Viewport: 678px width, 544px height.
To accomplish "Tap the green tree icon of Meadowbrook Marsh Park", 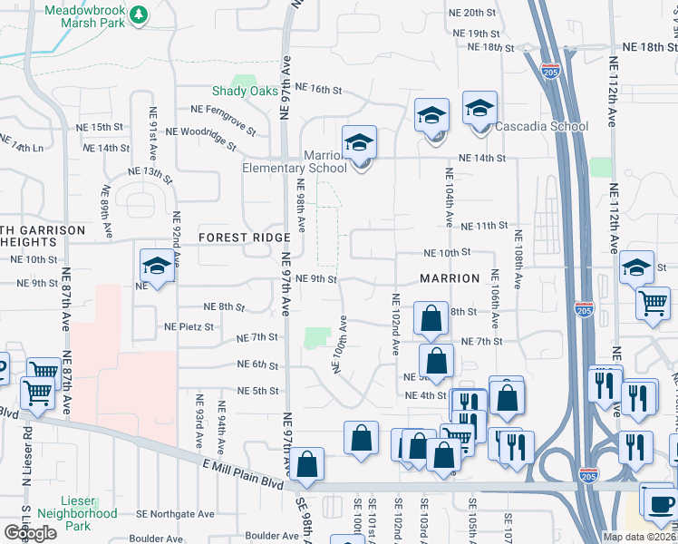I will click(x=138, y=15).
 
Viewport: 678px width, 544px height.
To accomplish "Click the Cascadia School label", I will click(x=543, y=126).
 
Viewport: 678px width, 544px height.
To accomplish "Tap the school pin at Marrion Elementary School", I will click(x=360, y=145).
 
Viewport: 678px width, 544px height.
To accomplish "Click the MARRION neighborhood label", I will click(x=450, y=278).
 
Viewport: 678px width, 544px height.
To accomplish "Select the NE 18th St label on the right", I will click(x=644, y=47).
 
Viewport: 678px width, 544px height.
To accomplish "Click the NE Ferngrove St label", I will click(x=223, y=109).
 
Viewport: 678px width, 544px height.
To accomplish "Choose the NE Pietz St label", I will click(x=189, y=326).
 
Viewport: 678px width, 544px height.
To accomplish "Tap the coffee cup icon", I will click(x=657, y=502).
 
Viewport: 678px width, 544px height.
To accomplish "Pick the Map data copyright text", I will click(x=638, y=537).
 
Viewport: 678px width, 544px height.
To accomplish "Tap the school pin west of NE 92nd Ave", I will click(x=157, y=268).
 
